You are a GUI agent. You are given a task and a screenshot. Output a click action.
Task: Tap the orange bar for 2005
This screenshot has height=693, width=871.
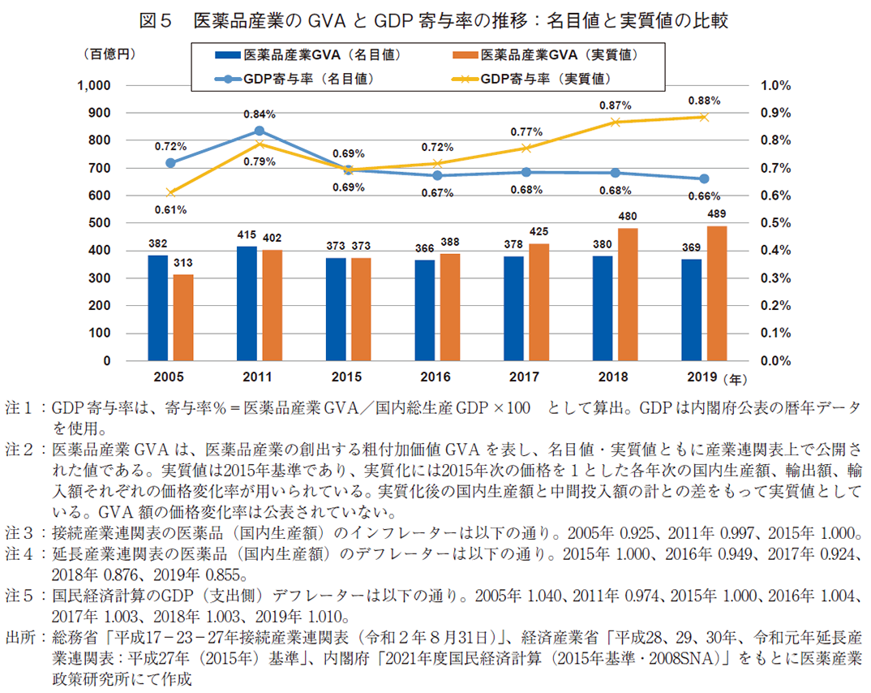pyautogui.click(x=183, y=317)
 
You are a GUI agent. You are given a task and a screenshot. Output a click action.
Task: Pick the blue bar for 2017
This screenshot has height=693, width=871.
pyautogui.click(x=513, y=308)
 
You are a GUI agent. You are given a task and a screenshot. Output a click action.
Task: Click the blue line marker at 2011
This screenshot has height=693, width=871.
pyautogui.click(x=259, y=131)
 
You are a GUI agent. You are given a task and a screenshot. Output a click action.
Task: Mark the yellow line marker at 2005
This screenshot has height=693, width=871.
pyautogui.click(x=170, y=192)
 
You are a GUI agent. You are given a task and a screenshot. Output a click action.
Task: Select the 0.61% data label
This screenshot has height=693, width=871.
pyautogui.click(x=170, y=210)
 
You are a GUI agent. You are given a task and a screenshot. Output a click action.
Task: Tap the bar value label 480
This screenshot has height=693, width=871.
pyautogui.click(x=628, y=217)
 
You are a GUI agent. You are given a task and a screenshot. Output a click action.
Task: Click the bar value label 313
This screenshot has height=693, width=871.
pyautogui.click(x=183, y=263)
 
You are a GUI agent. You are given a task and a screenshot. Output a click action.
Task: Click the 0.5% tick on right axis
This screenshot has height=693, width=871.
pyautogui.click(x=777, y=223)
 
